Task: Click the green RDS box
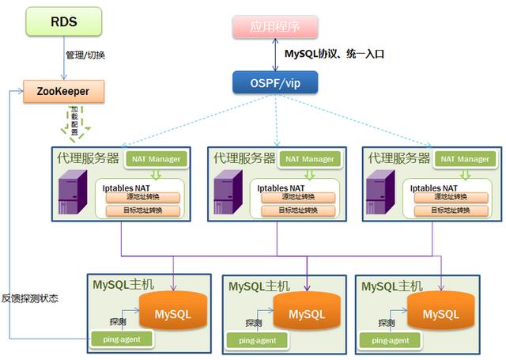(x=63, y=21)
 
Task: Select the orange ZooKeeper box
(x=62, y=91)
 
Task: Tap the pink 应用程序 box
(x=275, y=26)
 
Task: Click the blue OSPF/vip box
(x=275, y=81)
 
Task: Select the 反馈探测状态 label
(x=30, y=298)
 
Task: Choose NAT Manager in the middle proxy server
(x=310, y=159)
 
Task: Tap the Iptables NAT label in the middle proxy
(x=281, y=188)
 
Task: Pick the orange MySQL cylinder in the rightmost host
(x=440, y=314)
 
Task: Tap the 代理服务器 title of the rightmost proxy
(x=398, y=157)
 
